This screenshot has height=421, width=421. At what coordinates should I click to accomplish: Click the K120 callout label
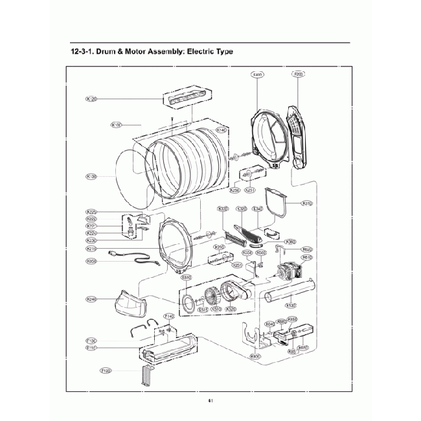tap(91, 99)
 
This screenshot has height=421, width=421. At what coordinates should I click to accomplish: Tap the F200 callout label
tap(299, 74)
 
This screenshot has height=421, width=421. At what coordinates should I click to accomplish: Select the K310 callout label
tap(307, 203)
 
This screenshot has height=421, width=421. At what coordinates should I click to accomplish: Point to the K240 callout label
tap(91, 299)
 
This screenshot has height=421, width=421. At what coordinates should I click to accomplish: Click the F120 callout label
tap(106, 370)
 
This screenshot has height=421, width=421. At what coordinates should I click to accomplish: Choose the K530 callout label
tap(291, 305)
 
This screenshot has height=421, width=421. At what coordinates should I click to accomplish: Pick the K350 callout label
tap(91, 261)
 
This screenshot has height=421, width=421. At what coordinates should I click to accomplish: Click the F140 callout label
tap(169, 316)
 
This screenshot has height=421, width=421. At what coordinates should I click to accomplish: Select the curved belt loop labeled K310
tap(279, 202)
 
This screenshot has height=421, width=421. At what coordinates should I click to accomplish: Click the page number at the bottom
tap(210, 400)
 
